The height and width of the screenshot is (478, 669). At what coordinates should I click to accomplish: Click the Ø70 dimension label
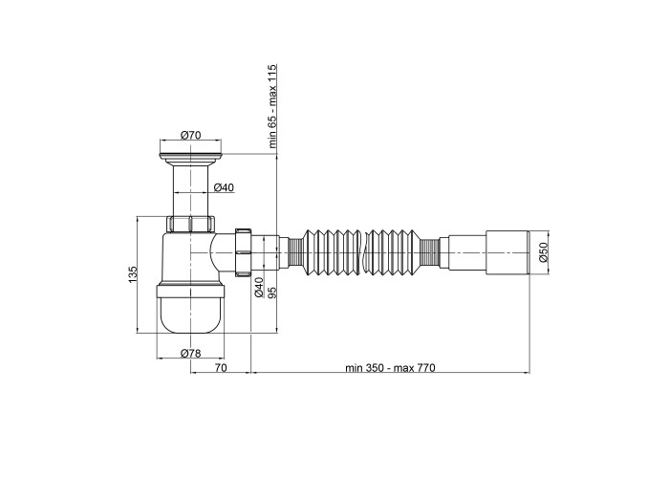pos(190,136)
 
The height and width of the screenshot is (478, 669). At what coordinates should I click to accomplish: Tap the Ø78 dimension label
pos(190,353)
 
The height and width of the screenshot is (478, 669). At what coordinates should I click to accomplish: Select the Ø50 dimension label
pos(543,252)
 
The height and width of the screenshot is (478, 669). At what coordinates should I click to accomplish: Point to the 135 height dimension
pos(133,273)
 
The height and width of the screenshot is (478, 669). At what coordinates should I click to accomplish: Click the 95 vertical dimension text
pos(272,292)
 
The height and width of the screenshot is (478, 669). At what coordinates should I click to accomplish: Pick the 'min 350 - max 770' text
pos(390,367)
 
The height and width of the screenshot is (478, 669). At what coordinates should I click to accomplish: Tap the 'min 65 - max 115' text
pos(272,106)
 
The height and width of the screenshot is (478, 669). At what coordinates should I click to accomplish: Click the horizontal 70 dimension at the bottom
pos(221,367)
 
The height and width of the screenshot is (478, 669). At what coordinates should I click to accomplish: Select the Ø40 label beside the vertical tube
pos(224,187)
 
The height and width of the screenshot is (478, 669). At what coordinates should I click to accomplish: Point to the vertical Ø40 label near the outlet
pos(259,287)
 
